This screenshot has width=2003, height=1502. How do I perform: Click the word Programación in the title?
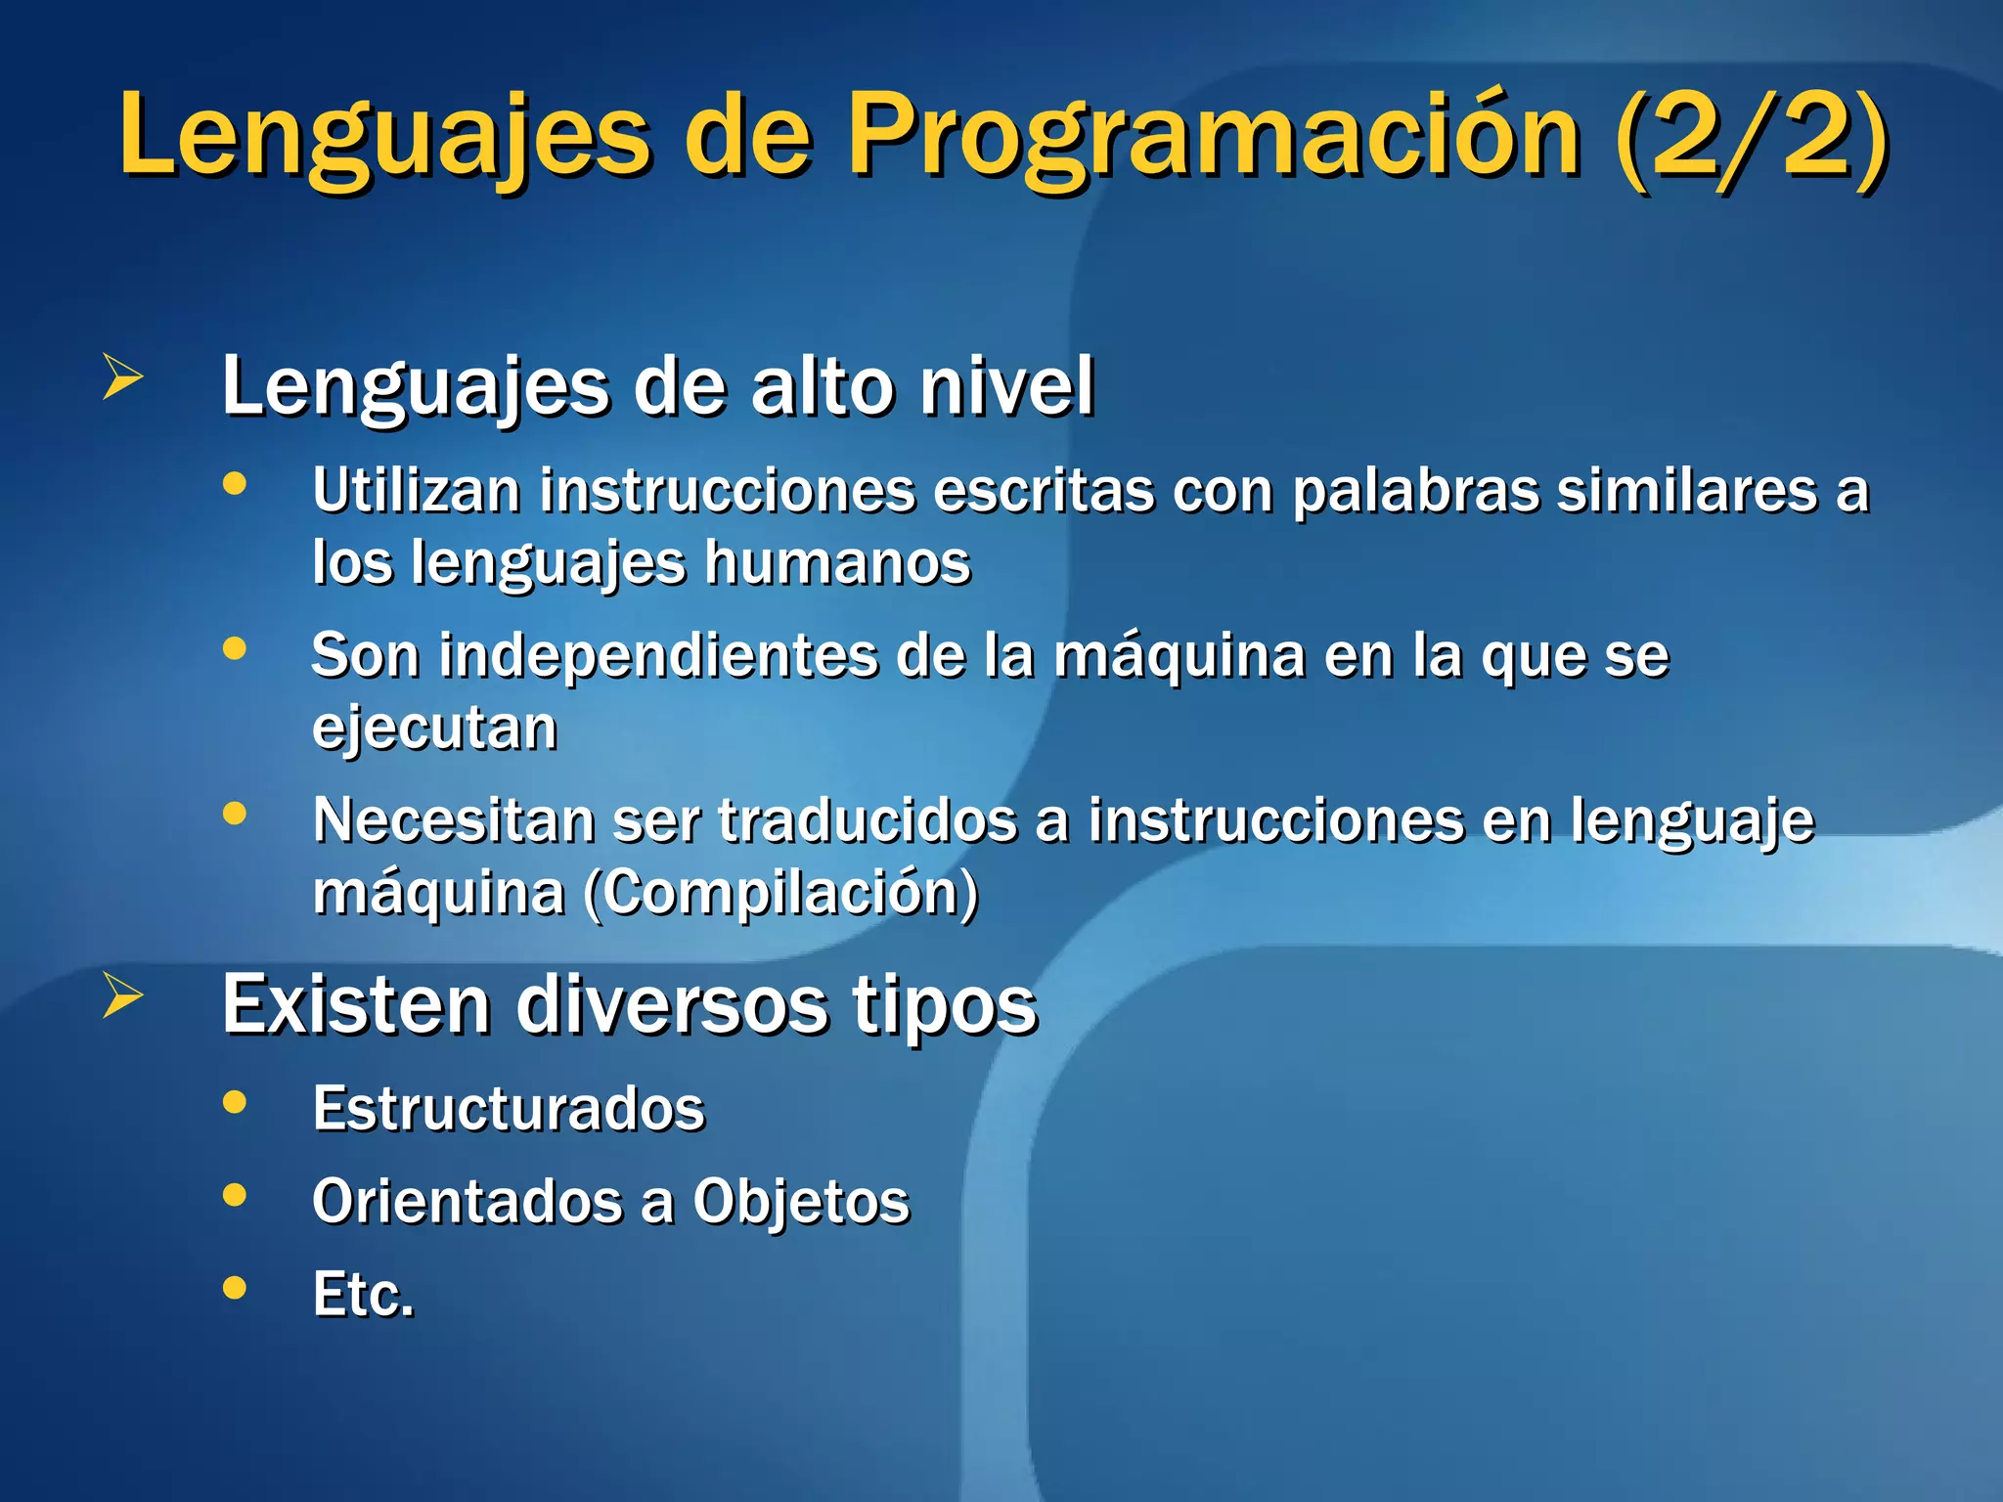[1213, 137]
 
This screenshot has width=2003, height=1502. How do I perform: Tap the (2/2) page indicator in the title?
[1751, 137]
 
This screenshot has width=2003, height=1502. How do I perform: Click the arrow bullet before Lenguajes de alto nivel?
[122, 376]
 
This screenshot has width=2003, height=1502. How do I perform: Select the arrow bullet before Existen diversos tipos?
[122, 995]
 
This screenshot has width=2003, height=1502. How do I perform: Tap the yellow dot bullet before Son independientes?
[235, 648]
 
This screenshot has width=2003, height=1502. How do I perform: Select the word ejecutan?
[434, 729]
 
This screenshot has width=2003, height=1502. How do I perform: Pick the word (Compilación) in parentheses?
[780, 893]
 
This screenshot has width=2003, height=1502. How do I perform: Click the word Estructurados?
[509, 1109]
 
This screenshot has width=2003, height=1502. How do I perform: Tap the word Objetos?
[801, 1201]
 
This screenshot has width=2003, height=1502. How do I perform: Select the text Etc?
[363, 1295]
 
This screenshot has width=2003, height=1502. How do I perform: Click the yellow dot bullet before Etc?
[235, 1287]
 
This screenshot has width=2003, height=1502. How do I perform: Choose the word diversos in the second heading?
[672, 1005]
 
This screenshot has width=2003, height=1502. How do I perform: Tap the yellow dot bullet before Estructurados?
[235, 1102]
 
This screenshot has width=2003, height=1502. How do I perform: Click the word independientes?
[657, 655]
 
